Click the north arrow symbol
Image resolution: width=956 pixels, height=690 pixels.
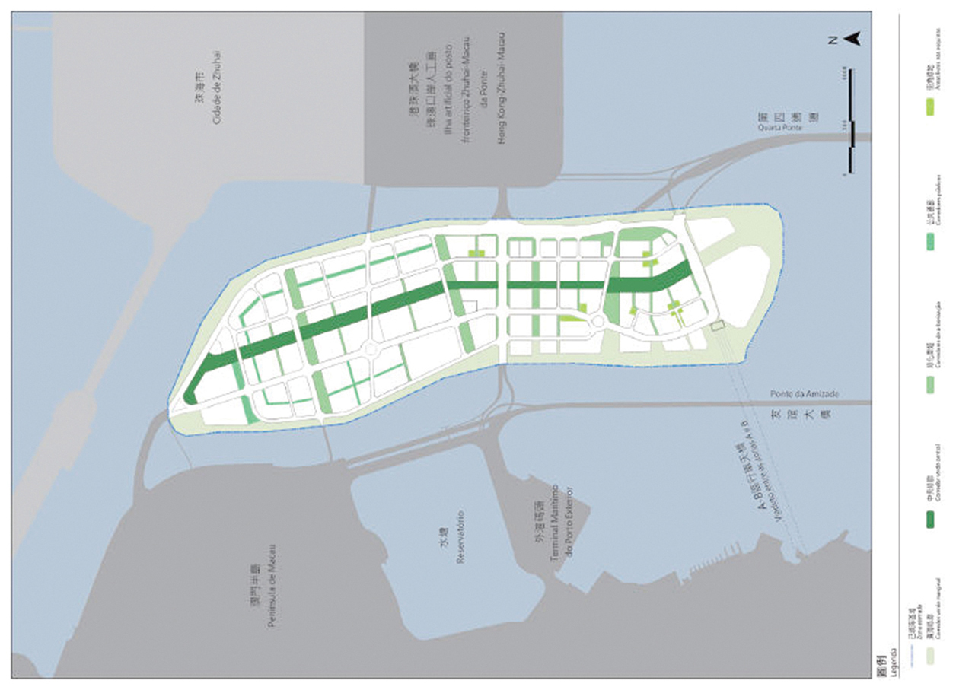[x=853, y=39]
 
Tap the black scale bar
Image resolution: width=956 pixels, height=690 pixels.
[x=851, y=122]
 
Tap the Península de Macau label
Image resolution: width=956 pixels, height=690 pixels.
[x=266, y=586]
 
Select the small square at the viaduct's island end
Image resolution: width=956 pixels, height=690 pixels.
[x=715, y=325]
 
